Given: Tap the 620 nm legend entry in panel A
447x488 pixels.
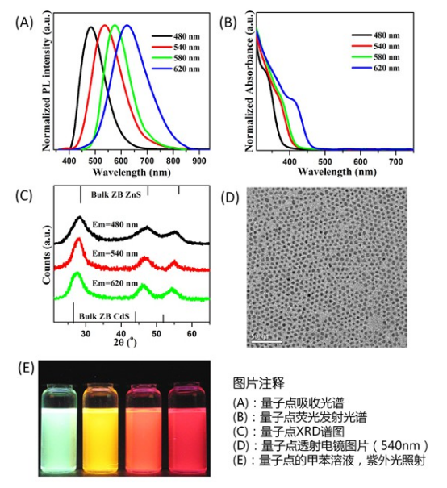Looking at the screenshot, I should pos(169,70).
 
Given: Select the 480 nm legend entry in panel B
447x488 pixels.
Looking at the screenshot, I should pos(375,35).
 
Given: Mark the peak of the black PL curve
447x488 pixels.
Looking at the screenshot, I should pos(91,27).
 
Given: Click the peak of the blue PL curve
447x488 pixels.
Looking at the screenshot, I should pos(127,26).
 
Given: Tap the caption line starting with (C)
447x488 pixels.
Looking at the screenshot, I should pos(293,432).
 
